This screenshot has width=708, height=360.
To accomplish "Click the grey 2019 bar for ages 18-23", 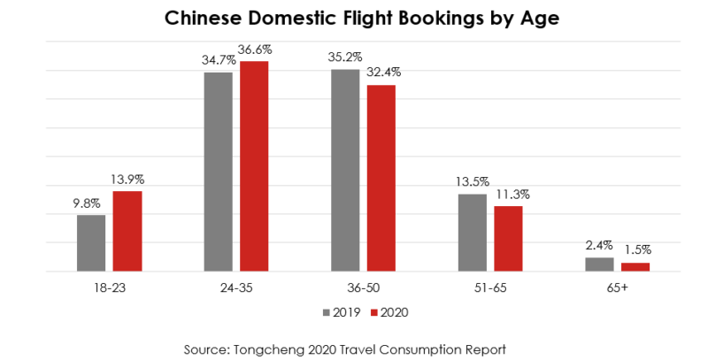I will (91, 243).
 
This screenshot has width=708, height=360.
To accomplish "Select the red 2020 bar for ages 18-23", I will (127, 232).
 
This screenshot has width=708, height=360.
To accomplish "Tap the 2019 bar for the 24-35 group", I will (218, 172).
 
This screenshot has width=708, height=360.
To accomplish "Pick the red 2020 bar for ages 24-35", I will (254, 166).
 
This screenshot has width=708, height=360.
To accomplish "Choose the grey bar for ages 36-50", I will (345, 170).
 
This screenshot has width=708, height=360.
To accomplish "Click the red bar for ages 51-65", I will (508, 239).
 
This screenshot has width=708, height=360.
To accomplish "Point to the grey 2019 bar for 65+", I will (599, 264).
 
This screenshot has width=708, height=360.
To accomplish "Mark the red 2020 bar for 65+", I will (635, 266).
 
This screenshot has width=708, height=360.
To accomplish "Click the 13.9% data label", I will (128, 179).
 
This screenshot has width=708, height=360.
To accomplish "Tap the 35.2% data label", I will (345, 57).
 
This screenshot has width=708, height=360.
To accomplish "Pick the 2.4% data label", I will (599, 246).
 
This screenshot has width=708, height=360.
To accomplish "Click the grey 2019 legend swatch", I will (326, 312).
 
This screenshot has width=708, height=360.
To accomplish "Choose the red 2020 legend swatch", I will (373, 312).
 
